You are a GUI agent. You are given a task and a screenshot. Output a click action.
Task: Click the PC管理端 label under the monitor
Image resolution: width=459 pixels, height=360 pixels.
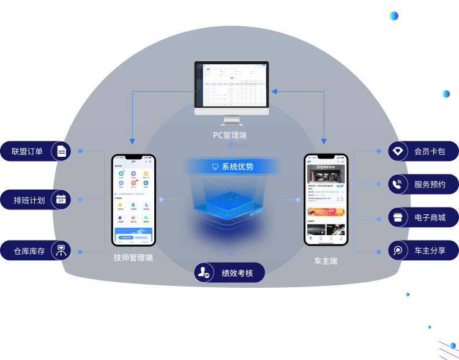(229, 135)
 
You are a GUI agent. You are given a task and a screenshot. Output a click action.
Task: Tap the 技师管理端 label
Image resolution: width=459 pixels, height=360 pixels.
(133, 258)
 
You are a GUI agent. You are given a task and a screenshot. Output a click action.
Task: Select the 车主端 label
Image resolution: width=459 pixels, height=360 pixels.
(326, 261)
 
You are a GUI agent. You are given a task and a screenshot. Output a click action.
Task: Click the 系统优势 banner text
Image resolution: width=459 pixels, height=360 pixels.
(237, 167)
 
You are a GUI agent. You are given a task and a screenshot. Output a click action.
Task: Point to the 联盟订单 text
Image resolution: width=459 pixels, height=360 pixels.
(27, 151)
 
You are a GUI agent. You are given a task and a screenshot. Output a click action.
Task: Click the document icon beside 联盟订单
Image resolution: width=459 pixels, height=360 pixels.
(61, 151)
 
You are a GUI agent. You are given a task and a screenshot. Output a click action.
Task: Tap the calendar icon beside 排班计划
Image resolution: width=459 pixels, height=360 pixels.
(61, 200)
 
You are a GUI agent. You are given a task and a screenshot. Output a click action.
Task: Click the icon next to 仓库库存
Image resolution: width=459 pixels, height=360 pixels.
(61, 250)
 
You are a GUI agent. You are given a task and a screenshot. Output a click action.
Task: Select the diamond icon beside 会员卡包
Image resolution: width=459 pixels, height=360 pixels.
(398, 151)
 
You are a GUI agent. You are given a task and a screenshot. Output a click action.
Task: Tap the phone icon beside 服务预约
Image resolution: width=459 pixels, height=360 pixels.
(398, 184)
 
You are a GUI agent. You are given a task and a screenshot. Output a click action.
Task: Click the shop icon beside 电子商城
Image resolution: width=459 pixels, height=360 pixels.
(398, 217)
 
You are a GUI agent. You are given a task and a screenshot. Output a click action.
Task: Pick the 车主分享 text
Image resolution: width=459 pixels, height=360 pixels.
(430, 250)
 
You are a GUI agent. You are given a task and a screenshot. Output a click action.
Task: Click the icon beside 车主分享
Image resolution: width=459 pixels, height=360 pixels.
(398, 250)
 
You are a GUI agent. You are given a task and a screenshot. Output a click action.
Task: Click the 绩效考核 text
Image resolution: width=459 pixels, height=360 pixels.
(237, 273)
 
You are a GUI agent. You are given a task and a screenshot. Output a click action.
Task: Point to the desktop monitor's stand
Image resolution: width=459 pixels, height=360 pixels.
(231, 121)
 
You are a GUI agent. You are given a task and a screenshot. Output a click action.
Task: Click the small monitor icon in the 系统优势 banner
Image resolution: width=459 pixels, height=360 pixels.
(215, 167)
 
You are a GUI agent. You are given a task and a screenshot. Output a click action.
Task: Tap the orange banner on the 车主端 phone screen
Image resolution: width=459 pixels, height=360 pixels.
(326, 212)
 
